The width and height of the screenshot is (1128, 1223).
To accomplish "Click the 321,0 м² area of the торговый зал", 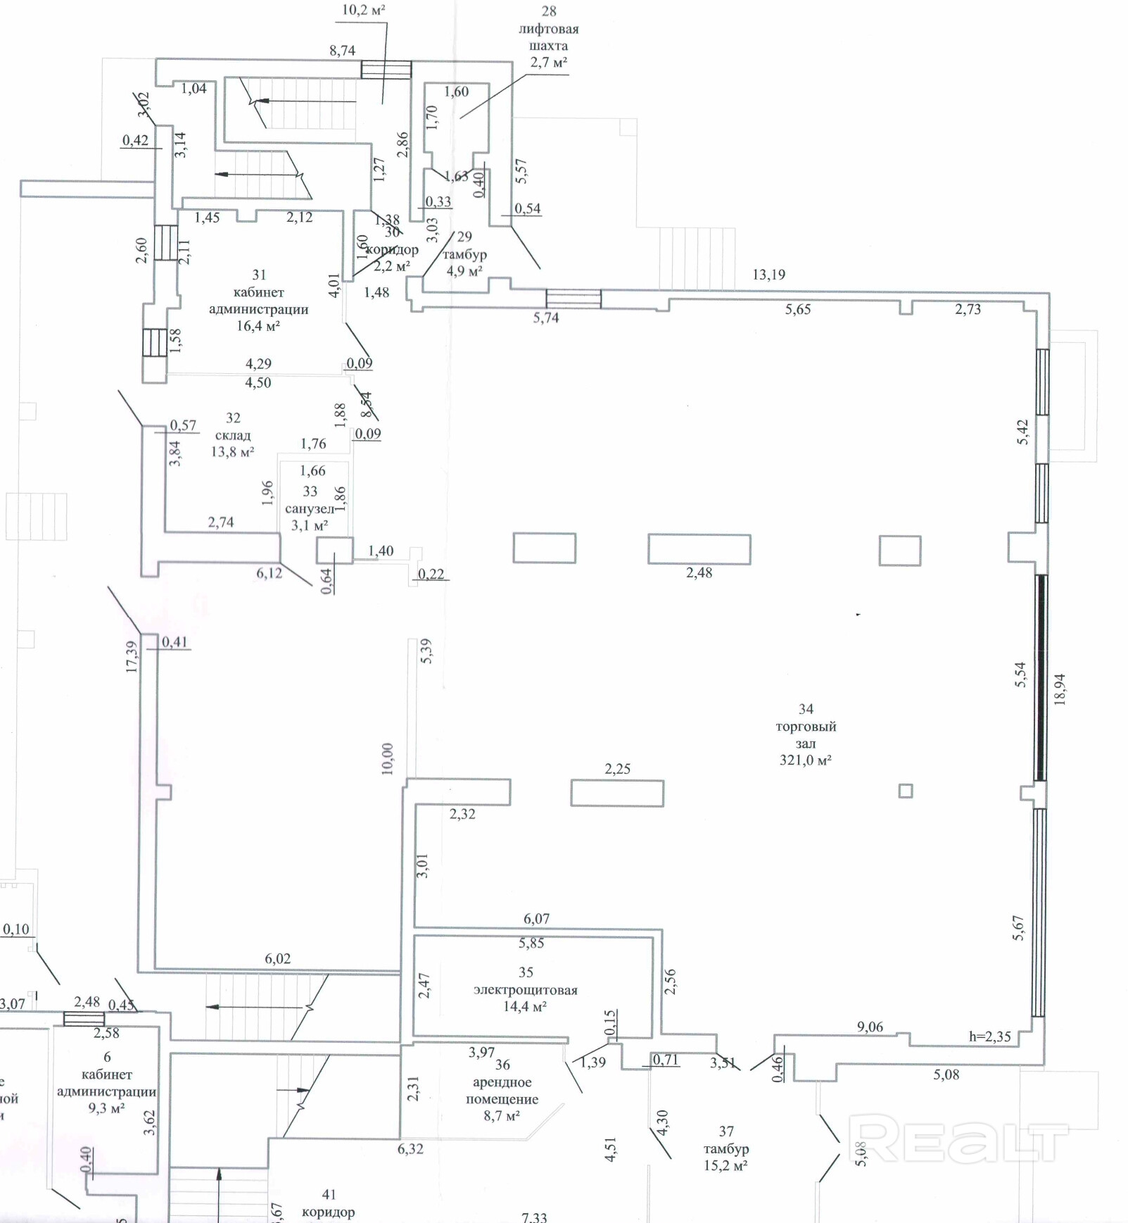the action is pyautogui.click(x=806, y=760).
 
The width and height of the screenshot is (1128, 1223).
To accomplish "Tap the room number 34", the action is pyautogui.click(x=806, y=709).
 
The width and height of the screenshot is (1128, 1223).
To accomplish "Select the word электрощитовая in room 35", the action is pyautogui.click(x=525, y=990).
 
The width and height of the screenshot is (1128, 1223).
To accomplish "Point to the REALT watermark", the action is pyautogui.click(x=957, y=1139).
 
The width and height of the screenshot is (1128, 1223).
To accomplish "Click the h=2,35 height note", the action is pyautogui.click(x=989, y=1036).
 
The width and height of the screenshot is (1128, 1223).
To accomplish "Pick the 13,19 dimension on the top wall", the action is pyautogui.click(x=768, y=275).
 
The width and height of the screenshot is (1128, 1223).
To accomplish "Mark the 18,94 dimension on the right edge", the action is pyautogui.click(x=1060, y=689).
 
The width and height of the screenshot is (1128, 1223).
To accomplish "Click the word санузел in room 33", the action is pyautogui.click(x=309, y=508).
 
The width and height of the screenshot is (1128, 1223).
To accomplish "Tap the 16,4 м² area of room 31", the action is pyautogui.click(x=258, y=326).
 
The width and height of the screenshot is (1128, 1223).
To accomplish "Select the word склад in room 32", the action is pyautogui.click(x=233, y=435).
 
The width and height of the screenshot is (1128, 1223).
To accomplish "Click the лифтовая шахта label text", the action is pyautogui.click(x=548, y=37).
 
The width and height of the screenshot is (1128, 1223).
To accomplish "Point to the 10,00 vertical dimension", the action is pyautogui.click(x=388, y=759).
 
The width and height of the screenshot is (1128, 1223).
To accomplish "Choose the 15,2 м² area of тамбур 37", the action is pyautogui.click(x=725, y=1166).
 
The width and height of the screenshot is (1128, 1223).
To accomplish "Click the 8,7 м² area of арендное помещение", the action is pyautogui.click(x=502, y=1116).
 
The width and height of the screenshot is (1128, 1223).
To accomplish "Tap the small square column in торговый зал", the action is pyautogui.click(x=906, y=791).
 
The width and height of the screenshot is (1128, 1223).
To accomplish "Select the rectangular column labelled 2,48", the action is pyautogui.click(x=699, y=549).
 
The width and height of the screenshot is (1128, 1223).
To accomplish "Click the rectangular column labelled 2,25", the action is pyautogui.click(x=617, y=793).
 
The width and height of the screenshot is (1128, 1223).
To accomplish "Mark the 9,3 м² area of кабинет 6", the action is pyautogui.click(x=107, y=1108).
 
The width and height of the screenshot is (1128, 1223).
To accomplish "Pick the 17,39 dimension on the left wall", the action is pyautogui.click(x=132, y=656).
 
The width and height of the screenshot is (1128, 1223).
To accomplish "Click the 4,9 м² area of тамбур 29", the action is pyautogui.click(x=464, y=271).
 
